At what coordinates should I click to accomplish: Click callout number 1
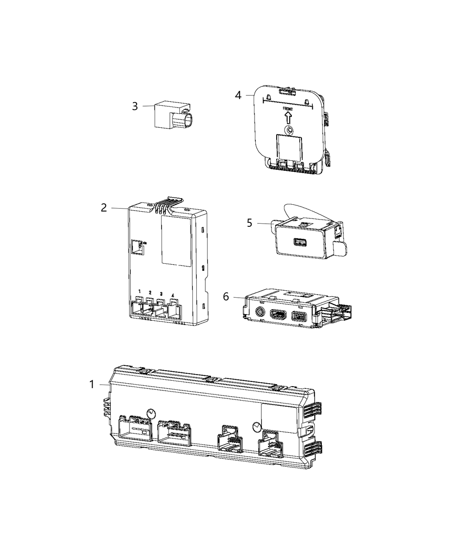click(x=92, y=385)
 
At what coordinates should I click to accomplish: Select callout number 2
click(x=104, y=208)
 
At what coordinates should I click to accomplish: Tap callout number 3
click(x=135, y=106)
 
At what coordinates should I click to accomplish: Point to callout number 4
click(x=238, y=95)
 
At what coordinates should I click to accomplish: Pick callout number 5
click(x=250, y=223)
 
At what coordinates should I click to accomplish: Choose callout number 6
click(x=226, y=297)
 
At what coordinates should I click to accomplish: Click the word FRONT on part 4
click(x=288, y=109)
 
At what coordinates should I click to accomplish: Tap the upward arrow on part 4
click(x=288, y=118)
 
